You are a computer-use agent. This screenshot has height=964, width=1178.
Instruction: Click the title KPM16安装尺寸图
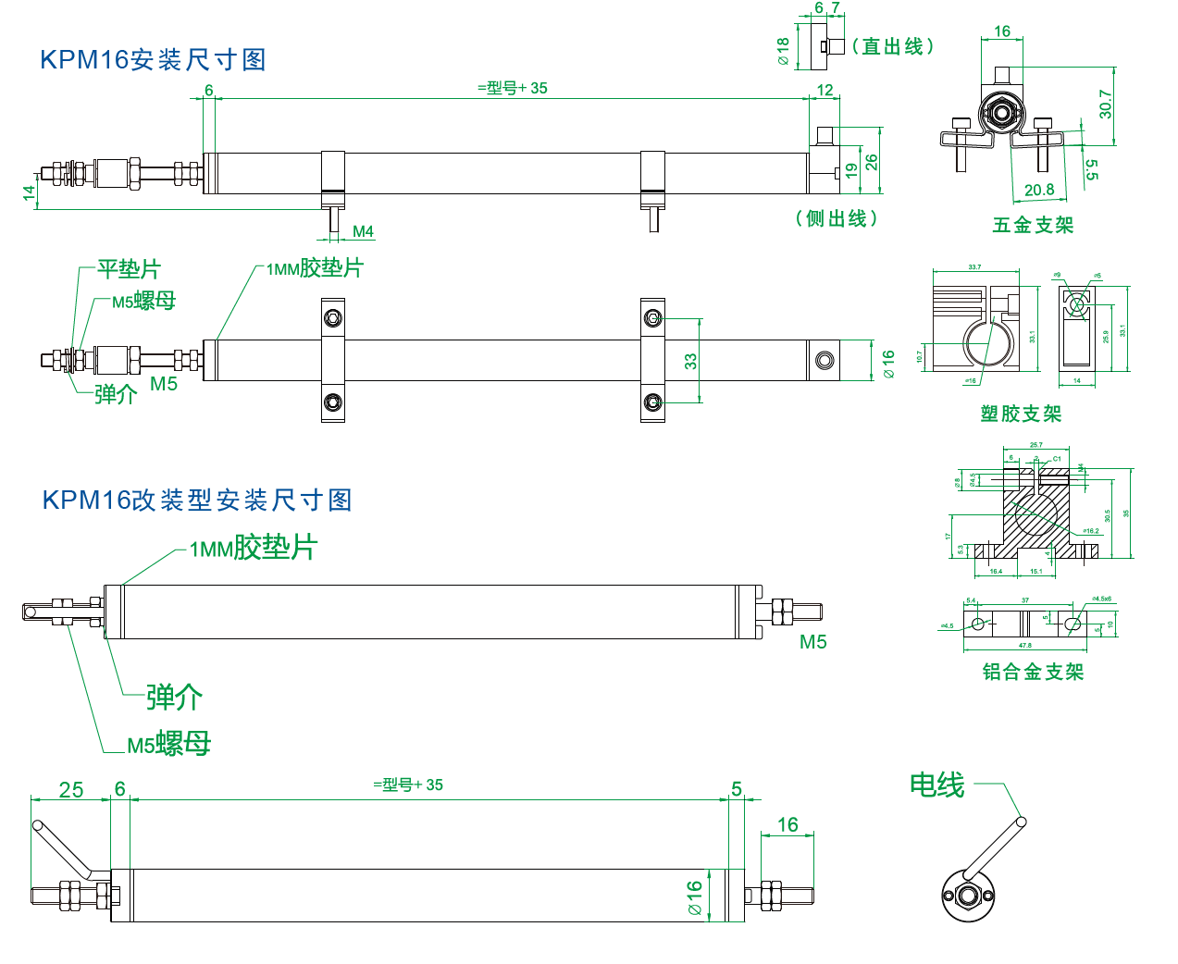coord(153,60)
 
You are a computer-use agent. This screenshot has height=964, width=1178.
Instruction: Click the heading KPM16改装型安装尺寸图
coord(197,501)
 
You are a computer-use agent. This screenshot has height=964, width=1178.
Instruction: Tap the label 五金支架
coord(1033,225)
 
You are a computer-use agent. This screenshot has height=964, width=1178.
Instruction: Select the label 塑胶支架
coord(1021,414)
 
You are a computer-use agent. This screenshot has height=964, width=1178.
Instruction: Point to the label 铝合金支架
coord(1033,672)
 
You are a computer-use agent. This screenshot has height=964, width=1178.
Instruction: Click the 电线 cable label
coord(936,785)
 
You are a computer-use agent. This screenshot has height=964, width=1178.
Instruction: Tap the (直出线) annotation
coord(893,46)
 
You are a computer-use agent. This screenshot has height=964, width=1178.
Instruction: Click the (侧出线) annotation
coord(836,218)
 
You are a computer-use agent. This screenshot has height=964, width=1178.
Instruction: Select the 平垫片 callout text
coord(129,269)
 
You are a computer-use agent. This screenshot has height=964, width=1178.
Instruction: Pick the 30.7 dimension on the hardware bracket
coord(1105,104)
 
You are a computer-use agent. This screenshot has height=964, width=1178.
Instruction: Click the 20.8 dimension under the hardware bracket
coord(1038,190)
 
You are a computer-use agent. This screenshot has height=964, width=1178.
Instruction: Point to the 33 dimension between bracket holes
coord(690,361)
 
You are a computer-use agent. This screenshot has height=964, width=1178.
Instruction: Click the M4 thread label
coord(363,231)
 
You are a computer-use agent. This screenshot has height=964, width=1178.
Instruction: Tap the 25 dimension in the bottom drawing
coord(71,790)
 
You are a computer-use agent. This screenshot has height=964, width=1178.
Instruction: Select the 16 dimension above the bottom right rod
coord(787,824)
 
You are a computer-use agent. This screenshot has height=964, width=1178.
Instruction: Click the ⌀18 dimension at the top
coord(784,51)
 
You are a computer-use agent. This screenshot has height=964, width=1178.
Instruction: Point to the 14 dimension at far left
coord(29,192)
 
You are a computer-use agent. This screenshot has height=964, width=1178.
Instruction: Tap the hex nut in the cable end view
coord(968,896)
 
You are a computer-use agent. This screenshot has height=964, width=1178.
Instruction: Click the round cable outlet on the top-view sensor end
coord(824,360)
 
